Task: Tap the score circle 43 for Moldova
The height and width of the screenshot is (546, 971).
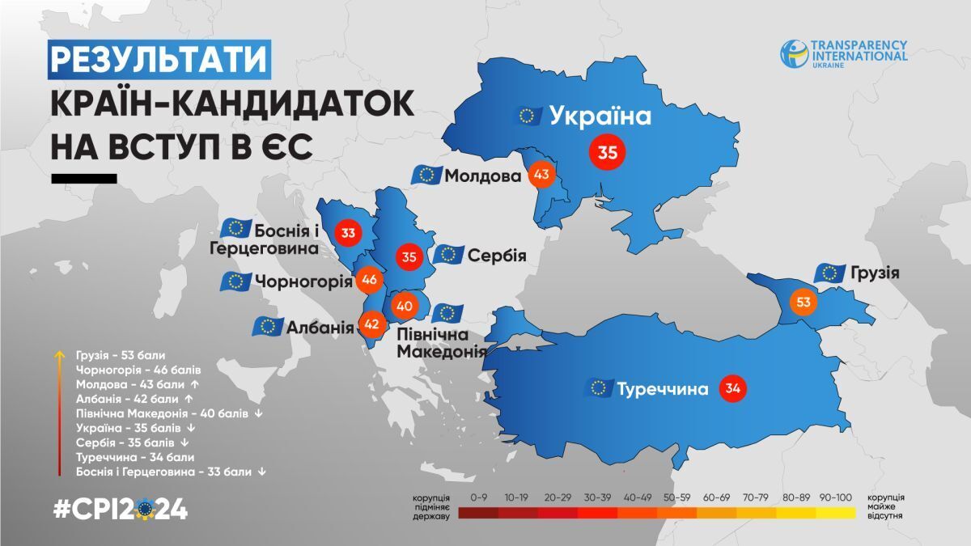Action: point(541,174)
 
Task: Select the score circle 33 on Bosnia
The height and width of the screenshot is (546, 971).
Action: point(349,234)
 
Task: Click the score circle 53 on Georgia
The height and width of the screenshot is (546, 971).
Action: point(803,303)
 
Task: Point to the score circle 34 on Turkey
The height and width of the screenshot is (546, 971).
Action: point(732,388)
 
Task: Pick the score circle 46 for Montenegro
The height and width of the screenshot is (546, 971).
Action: point(370,280)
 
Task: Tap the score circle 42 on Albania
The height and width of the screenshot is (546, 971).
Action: point(372,323)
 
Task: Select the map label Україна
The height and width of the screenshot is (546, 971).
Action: point(600,116)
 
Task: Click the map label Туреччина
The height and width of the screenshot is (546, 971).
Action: point(663,389)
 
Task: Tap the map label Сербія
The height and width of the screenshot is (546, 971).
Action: point(497,256)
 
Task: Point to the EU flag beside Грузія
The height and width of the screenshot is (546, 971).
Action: point(829,273)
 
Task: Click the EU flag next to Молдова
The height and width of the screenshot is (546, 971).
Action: point(426,175)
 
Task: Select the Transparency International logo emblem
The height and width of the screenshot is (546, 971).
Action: point(794,53)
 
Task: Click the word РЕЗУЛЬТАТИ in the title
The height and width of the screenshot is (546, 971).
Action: point(158,61)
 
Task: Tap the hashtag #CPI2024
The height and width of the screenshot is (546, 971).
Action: point(120,510)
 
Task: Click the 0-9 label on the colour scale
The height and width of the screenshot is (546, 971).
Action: point(478,497)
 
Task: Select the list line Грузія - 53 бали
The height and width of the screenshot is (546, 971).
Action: point(121,354)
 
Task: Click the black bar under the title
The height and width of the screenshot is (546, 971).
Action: point(84,178)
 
